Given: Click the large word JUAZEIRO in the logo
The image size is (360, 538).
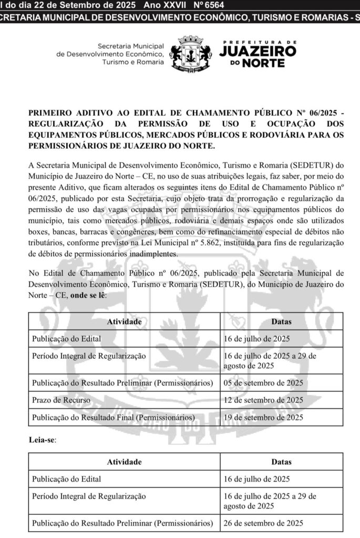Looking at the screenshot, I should point(256,51).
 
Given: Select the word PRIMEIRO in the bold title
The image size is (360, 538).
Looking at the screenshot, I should point(51,112).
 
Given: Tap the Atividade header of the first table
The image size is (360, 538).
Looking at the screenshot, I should point(124,322).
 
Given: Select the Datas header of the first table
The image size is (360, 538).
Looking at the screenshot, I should point(282,322).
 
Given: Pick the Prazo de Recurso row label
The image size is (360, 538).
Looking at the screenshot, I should point(59,400).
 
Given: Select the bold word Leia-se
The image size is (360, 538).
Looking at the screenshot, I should point(42,440).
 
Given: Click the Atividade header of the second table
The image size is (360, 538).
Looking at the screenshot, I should point(124,462).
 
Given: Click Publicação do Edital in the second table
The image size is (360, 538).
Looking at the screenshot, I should point(67,479).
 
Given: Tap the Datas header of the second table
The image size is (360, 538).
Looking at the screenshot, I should point(282,462).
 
